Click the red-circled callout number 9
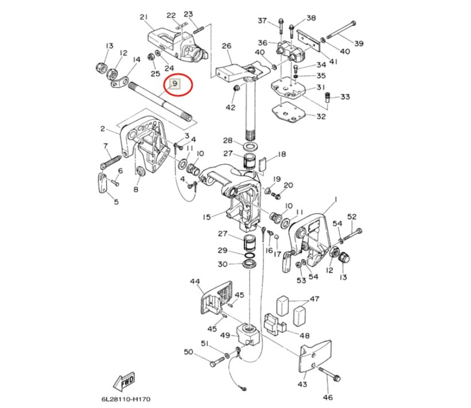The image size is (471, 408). coord(175,84)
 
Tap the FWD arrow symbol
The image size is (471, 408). coord(124,382)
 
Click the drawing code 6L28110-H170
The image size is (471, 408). coord(126,399)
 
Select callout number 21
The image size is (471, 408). coord(144,17)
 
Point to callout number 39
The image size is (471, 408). coord(359,43)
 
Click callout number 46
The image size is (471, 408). coord(328,398)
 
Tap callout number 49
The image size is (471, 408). coord(225,335)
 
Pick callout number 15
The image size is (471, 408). coord(207,217)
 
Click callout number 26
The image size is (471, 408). coord(227,46)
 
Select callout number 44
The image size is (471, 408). coord(195,282)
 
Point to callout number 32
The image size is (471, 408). coord(321,116)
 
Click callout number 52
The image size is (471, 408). coord(352,216)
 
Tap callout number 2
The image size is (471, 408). coord(103,129)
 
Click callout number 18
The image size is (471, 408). coord(282,154)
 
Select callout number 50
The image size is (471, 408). coord(188,352)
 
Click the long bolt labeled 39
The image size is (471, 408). coord(340,30)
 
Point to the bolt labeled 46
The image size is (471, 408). coord(329,373)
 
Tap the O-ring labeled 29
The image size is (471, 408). coord(250,255)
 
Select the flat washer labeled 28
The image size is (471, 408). coord(250,147)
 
